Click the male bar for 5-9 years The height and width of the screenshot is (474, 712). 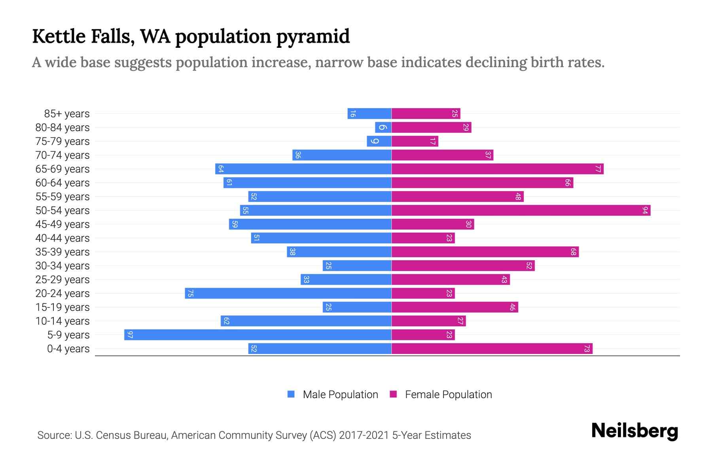[x=258, y=335]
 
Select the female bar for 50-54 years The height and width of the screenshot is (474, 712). [x=521, y=210]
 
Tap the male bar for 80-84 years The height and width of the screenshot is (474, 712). [x=383, y=127]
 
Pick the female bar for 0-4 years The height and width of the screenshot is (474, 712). [x=492, y=348]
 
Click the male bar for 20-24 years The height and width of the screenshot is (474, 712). [x=288, y=293]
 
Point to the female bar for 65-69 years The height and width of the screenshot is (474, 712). [x=497, y=169]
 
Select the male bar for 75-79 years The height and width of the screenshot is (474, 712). [x=379, y=141]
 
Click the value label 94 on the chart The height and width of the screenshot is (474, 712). [x=645, y=210]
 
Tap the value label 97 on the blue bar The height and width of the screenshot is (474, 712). [x=130, y=335]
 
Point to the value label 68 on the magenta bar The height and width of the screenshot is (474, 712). [x=573, y=252]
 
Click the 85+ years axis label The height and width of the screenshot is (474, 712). [x=67, y=114]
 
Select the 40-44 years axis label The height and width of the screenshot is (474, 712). [x=62, y=238]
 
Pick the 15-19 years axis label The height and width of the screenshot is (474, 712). [x=62, y=307]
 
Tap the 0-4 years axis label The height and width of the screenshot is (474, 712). [x=68, y=349]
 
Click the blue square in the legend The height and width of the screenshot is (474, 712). [x=291, y=394]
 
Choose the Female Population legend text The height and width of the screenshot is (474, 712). [x=448, y=394]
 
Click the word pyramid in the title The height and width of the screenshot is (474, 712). [x=313, y=36]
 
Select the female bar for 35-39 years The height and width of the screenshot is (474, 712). [x=485, y=252]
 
